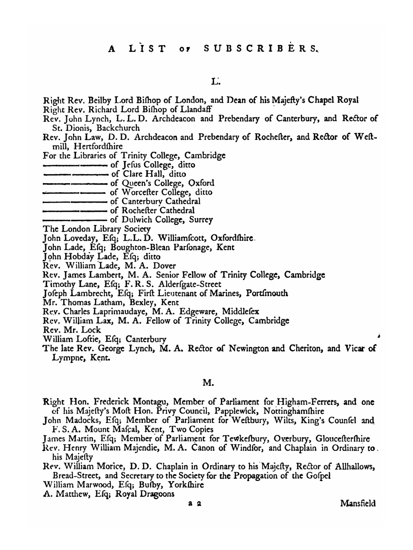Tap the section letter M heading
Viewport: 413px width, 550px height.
(208, 383)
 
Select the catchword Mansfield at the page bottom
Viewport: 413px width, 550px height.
(358, 503)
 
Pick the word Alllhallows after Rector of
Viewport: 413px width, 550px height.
(354, 467)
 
